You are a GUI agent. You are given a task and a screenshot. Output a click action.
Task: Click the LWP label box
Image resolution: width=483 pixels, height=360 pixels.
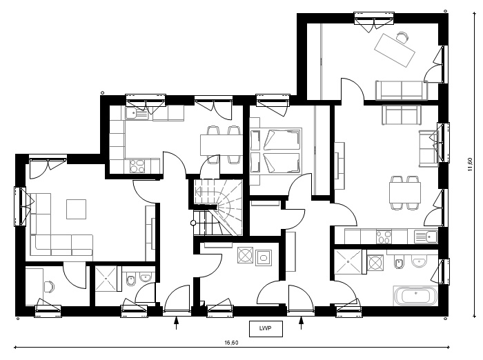(x=266, y=328)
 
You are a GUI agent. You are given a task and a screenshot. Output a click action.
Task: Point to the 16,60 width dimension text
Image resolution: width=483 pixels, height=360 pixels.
(x=231, y=343)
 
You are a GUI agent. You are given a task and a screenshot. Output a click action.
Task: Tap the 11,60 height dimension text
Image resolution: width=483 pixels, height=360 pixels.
(x=469, y=164)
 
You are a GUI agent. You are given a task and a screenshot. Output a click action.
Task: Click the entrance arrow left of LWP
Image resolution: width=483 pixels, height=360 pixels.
(x=176, y=323)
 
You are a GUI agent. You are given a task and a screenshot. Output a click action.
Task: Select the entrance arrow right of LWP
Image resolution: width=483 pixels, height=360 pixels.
(x=302, y=323)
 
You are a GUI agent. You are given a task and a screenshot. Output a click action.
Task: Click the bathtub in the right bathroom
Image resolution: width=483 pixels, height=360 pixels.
(x=415, y=296)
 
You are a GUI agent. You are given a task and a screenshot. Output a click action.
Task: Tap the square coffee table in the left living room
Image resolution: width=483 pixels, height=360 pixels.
(x=76, y=209)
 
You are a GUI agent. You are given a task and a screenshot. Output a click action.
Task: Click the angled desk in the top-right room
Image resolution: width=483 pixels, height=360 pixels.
(x=395, y=50)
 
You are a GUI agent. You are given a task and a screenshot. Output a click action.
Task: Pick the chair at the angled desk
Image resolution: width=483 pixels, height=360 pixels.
(x=402, y=37)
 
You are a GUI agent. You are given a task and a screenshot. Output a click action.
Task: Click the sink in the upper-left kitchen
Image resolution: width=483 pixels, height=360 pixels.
(x=137, y=114)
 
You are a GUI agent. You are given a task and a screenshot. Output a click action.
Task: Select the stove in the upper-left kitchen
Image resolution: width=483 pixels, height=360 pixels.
(x=137, y=166)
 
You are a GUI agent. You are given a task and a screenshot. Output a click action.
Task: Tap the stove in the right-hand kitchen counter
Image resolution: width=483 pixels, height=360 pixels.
(x=384, y=237)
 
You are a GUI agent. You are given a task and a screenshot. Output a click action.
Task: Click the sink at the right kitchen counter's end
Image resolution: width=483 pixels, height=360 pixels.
(x=426, y=237)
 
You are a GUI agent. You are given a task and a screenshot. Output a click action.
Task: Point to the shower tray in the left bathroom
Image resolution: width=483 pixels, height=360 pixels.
(x=106, y=279)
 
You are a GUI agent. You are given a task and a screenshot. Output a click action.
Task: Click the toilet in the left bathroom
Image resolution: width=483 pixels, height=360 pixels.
(x=131, y=279)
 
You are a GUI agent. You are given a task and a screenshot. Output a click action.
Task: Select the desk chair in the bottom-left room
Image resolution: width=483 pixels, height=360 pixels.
(x=49, y=286)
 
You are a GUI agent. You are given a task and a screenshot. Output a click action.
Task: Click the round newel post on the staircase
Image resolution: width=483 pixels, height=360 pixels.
(x=193, y=223)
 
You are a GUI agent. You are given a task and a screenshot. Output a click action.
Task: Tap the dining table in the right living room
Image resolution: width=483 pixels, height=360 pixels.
(x=405, y=192)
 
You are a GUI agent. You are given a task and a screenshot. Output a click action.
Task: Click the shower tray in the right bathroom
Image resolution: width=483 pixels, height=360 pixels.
(x=348, y=261)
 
